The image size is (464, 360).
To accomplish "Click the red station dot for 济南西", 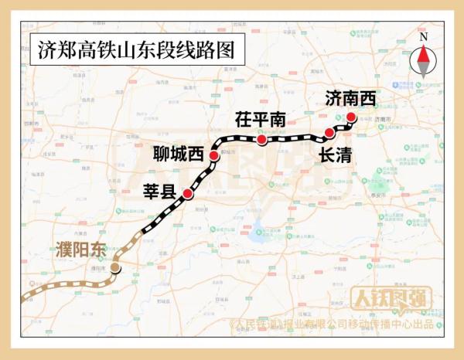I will (x=350, y=117).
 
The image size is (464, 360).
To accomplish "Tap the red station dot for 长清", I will (x=329, y=133).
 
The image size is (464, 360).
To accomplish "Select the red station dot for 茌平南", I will (x=262, y=141).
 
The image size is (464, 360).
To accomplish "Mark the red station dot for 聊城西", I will (x=214, y=156).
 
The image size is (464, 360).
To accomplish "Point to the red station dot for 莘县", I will (x=187, y=194).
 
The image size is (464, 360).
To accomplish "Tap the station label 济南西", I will (x=350, y=98).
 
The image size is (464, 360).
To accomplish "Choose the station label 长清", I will (x=335, y=155).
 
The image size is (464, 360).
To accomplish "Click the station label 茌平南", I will (x=261, y=120).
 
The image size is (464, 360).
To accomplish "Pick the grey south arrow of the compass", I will (x=423, y=69).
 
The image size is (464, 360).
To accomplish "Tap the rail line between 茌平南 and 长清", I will (x=298, y=140).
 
